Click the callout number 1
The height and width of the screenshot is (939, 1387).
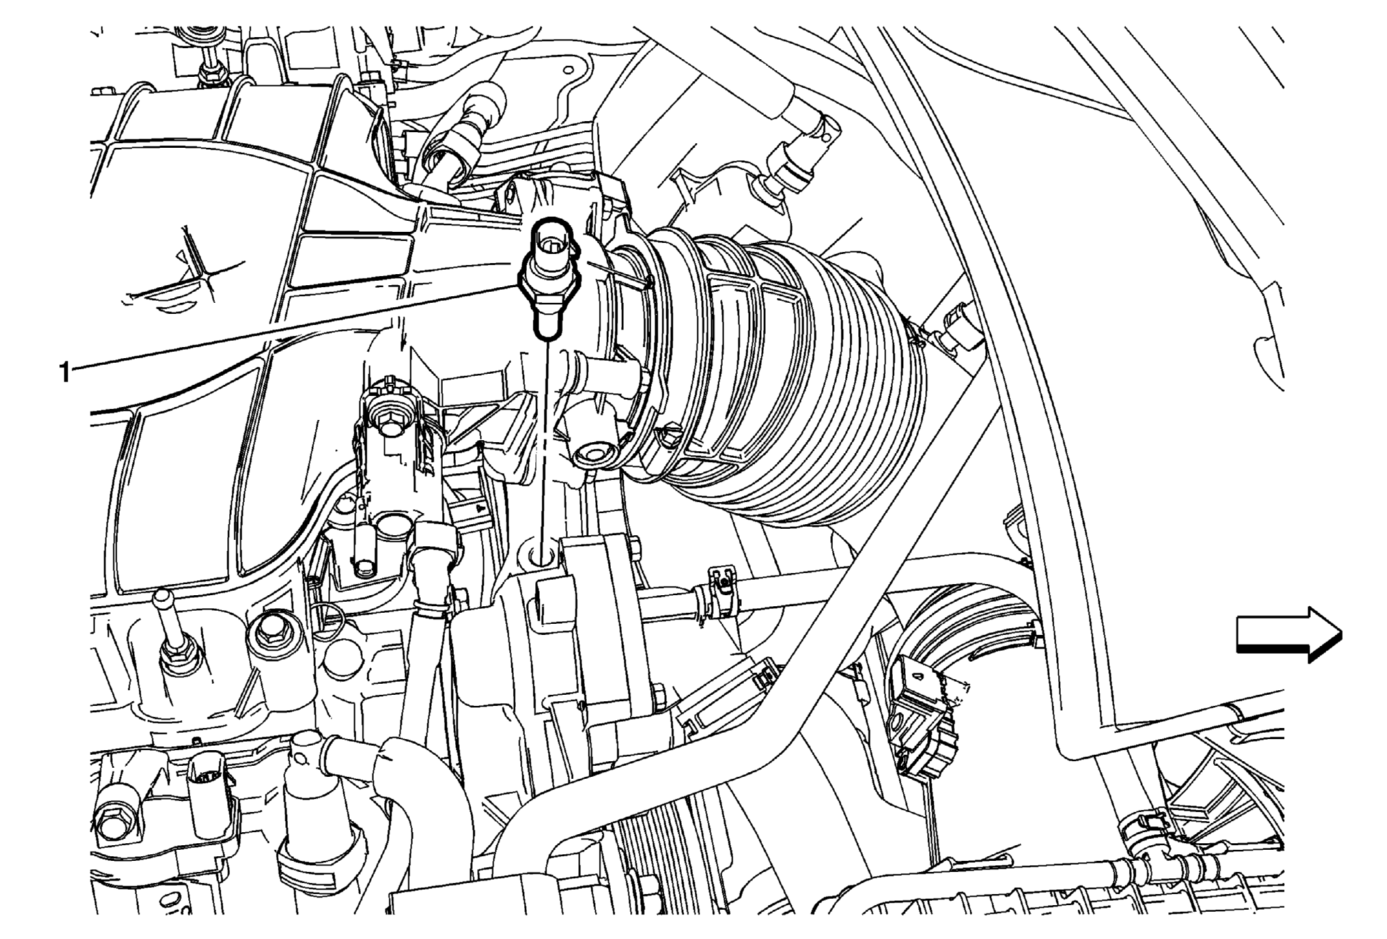[x=64, y=372]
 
